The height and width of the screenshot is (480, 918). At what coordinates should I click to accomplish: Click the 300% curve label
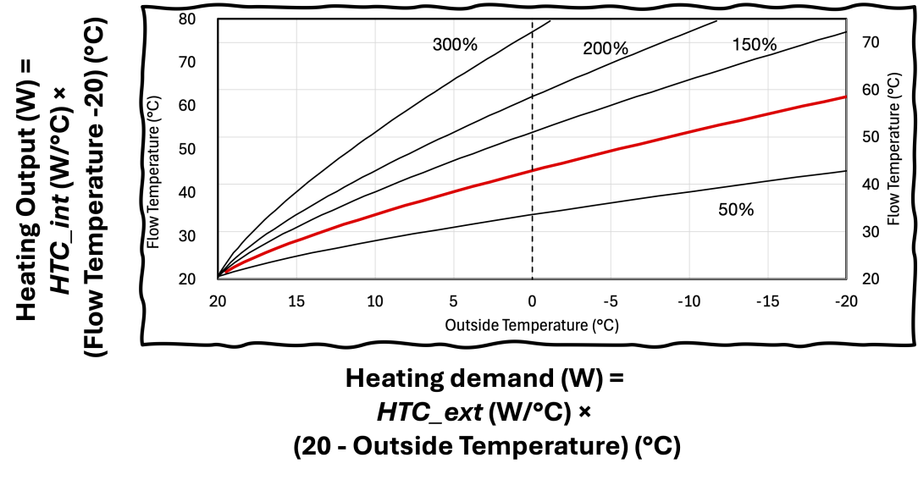pos(455,44)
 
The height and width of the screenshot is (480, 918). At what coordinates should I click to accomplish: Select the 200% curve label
pos(605,48)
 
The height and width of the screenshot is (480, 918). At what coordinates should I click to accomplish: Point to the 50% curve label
pos(735,209)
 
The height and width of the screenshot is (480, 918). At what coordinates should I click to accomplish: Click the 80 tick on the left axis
pos(187,18)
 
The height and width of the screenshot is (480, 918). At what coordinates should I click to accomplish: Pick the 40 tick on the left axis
pos(187,191)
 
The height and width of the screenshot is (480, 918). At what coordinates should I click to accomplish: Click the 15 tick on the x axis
pos(296,301)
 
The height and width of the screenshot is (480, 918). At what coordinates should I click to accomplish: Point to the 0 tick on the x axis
pos(532,301)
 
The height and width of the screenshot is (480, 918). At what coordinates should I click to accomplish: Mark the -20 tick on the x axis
pos(843,301)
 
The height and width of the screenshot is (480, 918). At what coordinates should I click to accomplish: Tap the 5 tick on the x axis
pos(453,301)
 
